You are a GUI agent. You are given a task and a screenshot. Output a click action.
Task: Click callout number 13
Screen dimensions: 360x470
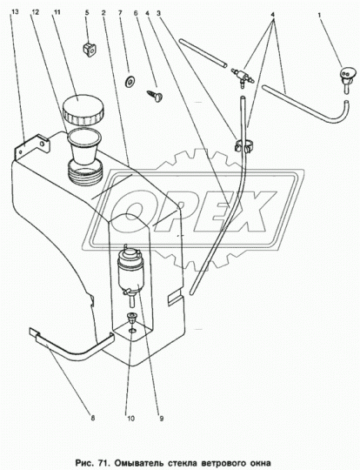tap(16, 12)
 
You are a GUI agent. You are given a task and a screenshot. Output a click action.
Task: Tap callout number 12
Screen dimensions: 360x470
tap(35, 12)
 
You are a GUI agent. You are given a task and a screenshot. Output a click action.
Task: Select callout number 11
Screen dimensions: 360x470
tap(57, 12)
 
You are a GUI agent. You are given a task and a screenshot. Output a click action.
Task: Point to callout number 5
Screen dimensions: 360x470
tap(87, 12)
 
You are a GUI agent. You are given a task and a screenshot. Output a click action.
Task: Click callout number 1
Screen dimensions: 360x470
tap(320, 13)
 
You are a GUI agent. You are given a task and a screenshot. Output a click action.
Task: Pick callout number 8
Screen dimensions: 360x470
tap(93, 418)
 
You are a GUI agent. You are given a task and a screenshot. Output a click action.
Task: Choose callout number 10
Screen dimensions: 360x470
tap(131, 418)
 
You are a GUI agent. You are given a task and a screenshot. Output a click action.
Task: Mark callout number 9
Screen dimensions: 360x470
tap(162, 418)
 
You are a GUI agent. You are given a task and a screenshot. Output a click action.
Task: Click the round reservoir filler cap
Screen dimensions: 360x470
tap(83, 110)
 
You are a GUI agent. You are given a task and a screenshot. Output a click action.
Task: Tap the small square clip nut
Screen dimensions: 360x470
tap(90, 50)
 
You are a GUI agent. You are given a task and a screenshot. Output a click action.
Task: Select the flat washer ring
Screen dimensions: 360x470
tap(130, 81)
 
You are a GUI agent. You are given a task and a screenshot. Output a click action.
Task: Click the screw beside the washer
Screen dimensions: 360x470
tap(155, 96)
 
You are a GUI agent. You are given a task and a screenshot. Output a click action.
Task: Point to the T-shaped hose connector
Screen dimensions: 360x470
tap(242, 77)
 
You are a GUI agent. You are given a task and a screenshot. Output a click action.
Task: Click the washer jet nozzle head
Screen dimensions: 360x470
tap(347, 73)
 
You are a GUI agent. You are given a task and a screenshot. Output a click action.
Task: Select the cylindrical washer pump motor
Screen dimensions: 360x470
tap(130, 270)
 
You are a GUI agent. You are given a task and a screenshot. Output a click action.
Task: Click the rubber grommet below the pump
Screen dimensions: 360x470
tap(131, 319)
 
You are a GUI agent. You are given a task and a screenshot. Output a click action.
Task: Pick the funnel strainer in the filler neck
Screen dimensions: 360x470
tap(83, 148)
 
